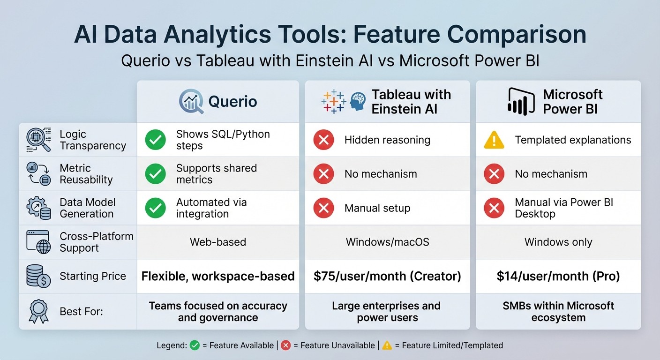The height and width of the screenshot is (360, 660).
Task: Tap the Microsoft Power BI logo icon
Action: [521, 101]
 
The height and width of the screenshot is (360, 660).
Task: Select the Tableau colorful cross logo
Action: [333, 101]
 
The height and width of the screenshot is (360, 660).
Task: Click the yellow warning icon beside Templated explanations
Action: [494, 140]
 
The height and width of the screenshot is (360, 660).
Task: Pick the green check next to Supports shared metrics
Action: [155, 174]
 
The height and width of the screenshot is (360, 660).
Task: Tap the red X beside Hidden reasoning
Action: [323, 140]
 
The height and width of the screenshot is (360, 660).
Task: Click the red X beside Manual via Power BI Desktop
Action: [494, 208]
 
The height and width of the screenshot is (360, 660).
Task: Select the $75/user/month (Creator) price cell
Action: [387, 276]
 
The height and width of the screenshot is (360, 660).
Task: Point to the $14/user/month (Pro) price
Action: [558, 276]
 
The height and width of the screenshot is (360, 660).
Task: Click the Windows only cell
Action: [558, 242]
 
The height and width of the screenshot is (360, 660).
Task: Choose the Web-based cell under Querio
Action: [218, 242]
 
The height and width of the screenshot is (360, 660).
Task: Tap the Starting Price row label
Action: [93, 276]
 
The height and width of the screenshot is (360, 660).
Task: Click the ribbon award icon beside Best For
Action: [38, 311]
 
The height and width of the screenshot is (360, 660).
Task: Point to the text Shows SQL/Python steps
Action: [223, 140]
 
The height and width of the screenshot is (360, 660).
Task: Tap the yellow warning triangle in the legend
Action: [387, 345]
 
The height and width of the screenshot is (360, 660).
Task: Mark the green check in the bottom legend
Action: [195, 345]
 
